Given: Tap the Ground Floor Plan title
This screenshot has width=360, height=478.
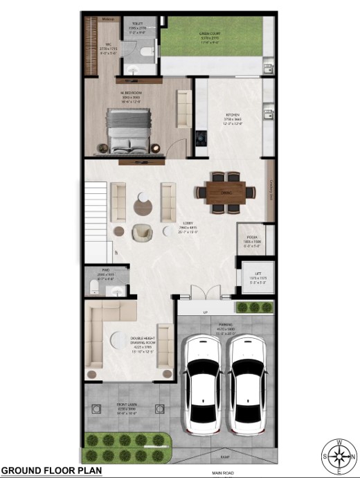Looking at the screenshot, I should [x=51, y=470].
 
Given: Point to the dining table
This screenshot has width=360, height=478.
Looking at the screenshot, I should [x=225, y=191].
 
